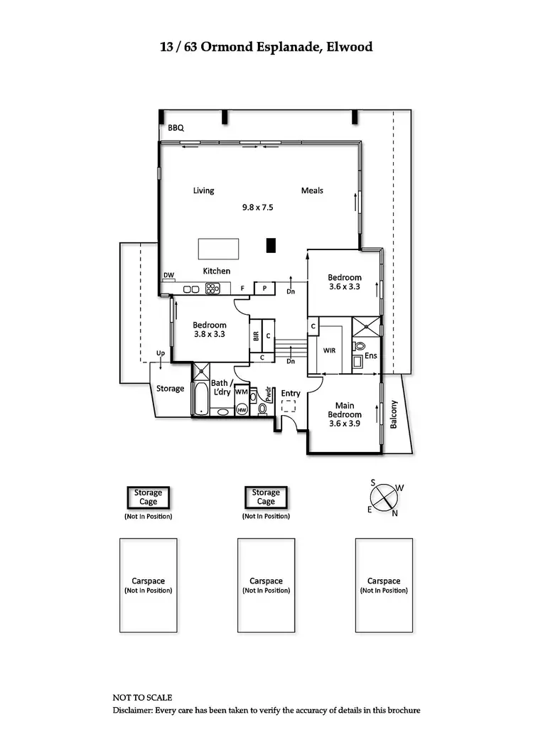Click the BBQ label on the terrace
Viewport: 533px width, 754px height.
[176, 129]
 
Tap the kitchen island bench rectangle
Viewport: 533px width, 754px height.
[218, 249]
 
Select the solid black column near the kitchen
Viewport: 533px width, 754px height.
[271, 245]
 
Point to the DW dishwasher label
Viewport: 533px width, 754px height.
[168, 275]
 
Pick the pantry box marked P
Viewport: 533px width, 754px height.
[264, 289]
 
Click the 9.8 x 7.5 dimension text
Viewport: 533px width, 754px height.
[257, 208]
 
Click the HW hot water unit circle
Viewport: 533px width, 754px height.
[242, 409]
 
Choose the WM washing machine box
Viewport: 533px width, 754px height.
[242, 392]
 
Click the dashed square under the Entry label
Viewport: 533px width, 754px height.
[288, 406]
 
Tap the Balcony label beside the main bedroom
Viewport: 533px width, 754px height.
[393, 414]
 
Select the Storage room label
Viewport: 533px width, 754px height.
[171, 389]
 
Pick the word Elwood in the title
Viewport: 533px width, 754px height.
[348, 47]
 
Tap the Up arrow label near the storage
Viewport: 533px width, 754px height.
[161, 353]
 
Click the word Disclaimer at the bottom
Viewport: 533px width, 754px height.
[135, 711]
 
